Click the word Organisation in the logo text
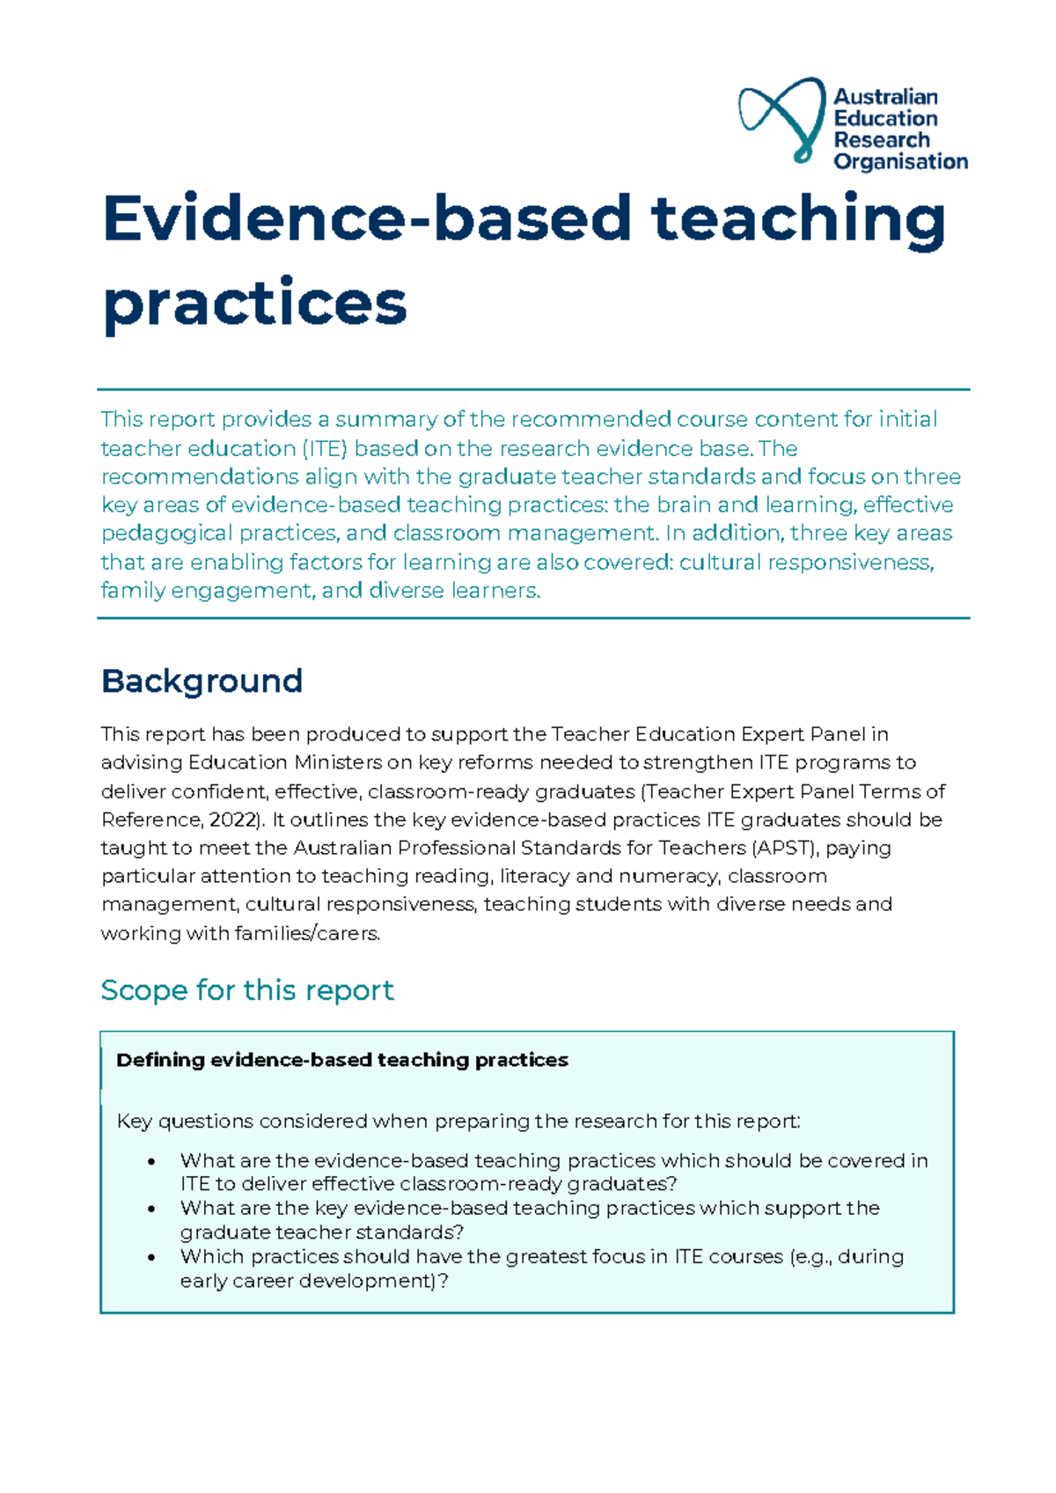tap(900, 162)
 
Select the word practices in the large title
tap(255, 304)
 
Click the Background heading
tap(202, 681)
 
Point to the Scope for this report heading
tap(247, 990)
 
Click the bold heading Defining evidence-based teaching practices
tap(341, 1060)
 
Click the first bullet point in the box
tap(152, 1162)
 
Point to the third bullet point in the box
tap(152, 1258)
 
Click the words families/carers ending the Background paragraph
tap(307, 934)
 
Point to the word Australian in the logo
tap(885, 97)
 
